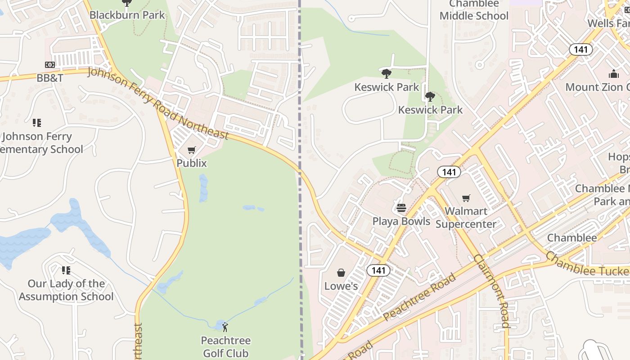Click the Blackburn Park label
click(127, 15)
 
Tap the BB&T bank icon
click(50, 65)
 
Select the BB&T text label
click(50, 78)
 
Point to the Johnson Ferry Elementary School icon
click(37, 122)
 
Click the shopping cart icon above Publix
click(192, 150)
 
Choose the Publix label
click(192, 163)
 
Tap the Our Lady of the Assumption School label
click(66, 290)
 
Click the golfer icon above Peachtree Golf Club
click(225, 327)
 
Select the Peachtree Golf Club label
click(225, 346)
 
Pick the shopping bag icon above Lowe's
click(341, 273)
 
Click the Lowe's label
click(341, 286)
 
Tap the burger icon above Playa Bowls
click(401, 208)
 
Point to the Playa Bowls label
click(401, 221)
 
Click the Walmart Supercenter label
click(466, 217)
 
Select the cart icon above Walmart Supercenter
click(466, 198)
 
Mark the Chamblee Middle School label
click(474, 10)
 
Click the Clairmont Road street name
click(491, 291)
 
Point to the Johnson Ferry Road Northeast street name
click(158, 103)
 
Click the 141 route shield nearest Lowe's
click(378, 270)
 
